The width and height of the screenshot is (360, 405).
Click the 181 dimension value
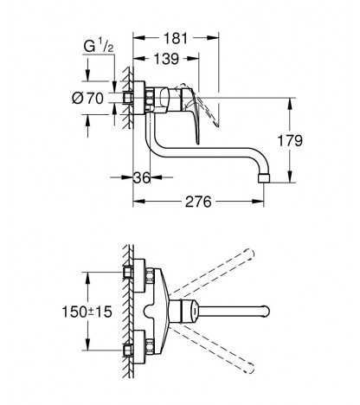coord(176,38)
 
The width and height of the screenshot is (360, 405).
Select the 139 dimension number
coord(166,59)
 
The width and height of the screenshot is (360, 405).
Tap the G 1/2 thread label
coord(99,46)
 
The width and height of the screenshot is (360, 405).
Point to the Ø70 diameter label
coord(87,98)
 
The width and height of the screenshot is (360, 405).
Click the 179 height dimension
coord(290,141)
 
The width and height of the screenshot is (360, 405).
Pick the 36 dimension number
coord(142,177)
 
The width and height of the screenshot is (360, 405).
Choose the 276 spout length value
coord(198,202)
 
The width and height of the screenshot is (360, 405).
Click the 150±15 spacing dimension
coord(87,312)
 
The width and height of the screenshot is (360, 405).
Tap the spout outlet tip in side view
coord(264,178)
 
